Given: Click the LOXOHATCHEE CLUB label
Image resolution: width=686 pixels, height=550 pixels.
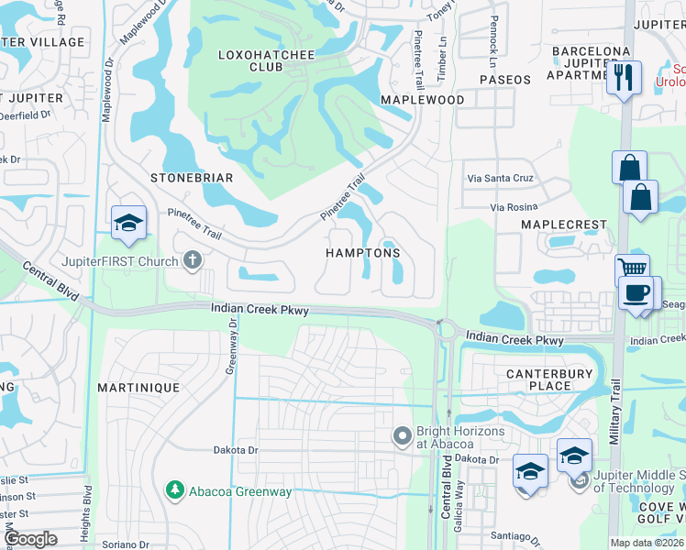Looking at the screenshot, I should [x=266, y=60].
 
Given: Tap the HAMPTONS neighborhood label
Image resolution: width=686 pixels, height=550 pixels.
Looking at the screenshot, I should [x=363, y=252].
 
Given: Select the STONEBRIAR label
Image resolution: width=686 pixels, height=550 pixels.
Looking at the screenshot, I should [x=193, y=177].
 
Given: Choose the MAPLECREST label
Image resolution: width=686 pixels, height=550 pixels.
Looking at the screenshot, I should [x=564, y=225].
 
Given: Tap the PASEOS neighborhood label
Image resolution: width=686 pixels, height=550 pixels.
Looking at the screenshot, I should [x=504, y=80].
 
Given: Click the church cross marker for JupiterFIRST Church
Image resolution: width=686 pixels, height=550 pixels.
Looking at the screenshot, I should [x=192, y=260].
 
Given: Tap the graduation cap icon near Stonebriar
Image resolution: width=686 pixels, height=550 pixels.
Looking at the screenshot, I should [x=128, y=221].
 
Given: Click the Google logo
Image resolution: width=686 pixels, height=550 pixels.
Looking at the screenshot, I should [x=31, y=539].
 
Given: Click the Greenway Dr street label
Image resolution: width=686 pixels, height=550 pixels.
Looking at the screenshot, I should [x=232, y=347].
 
